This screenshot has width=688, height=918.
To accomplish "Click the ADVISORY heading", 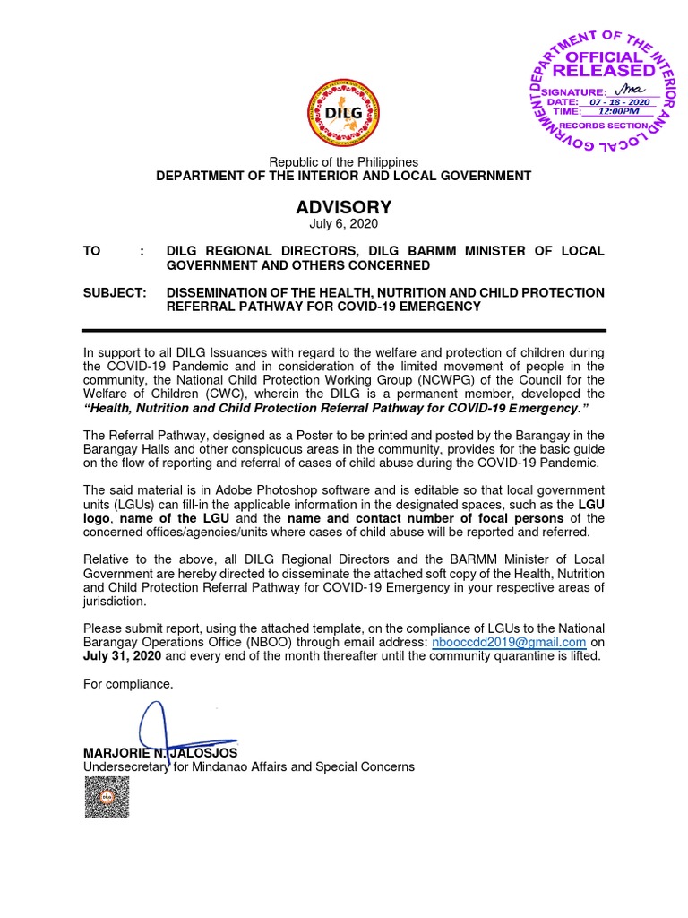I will pyautogui.click(x=344, y=208).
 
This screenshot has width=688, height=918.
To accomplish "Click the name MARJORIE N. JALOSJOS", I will pyautogui.click(x=160, y=753).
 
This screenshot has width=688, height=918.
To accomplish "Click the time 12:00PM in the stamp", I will pyautogui.click(x=614, y=113).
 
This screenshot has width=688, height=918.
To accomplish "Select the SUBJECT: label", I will pyautogui.click(x=114, y=293).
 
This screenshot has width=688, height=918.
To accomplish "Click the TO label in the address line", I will pyautogui.click(x=92, y=251).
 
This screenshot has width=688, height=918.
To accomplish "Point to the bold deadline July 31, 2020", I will pyautogui.click(x=123, y=656).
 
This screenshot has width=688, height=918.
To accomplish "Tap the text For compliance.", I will pyautogui.click(x=127, y=684).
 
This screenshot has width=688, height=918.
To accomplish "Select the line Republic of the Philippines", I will pyautogui.click(x=344, y=162).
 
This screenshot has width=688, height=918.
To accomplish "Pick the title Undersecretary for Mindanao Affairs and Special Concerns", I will pyautogui.click(x=249, y=767).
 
